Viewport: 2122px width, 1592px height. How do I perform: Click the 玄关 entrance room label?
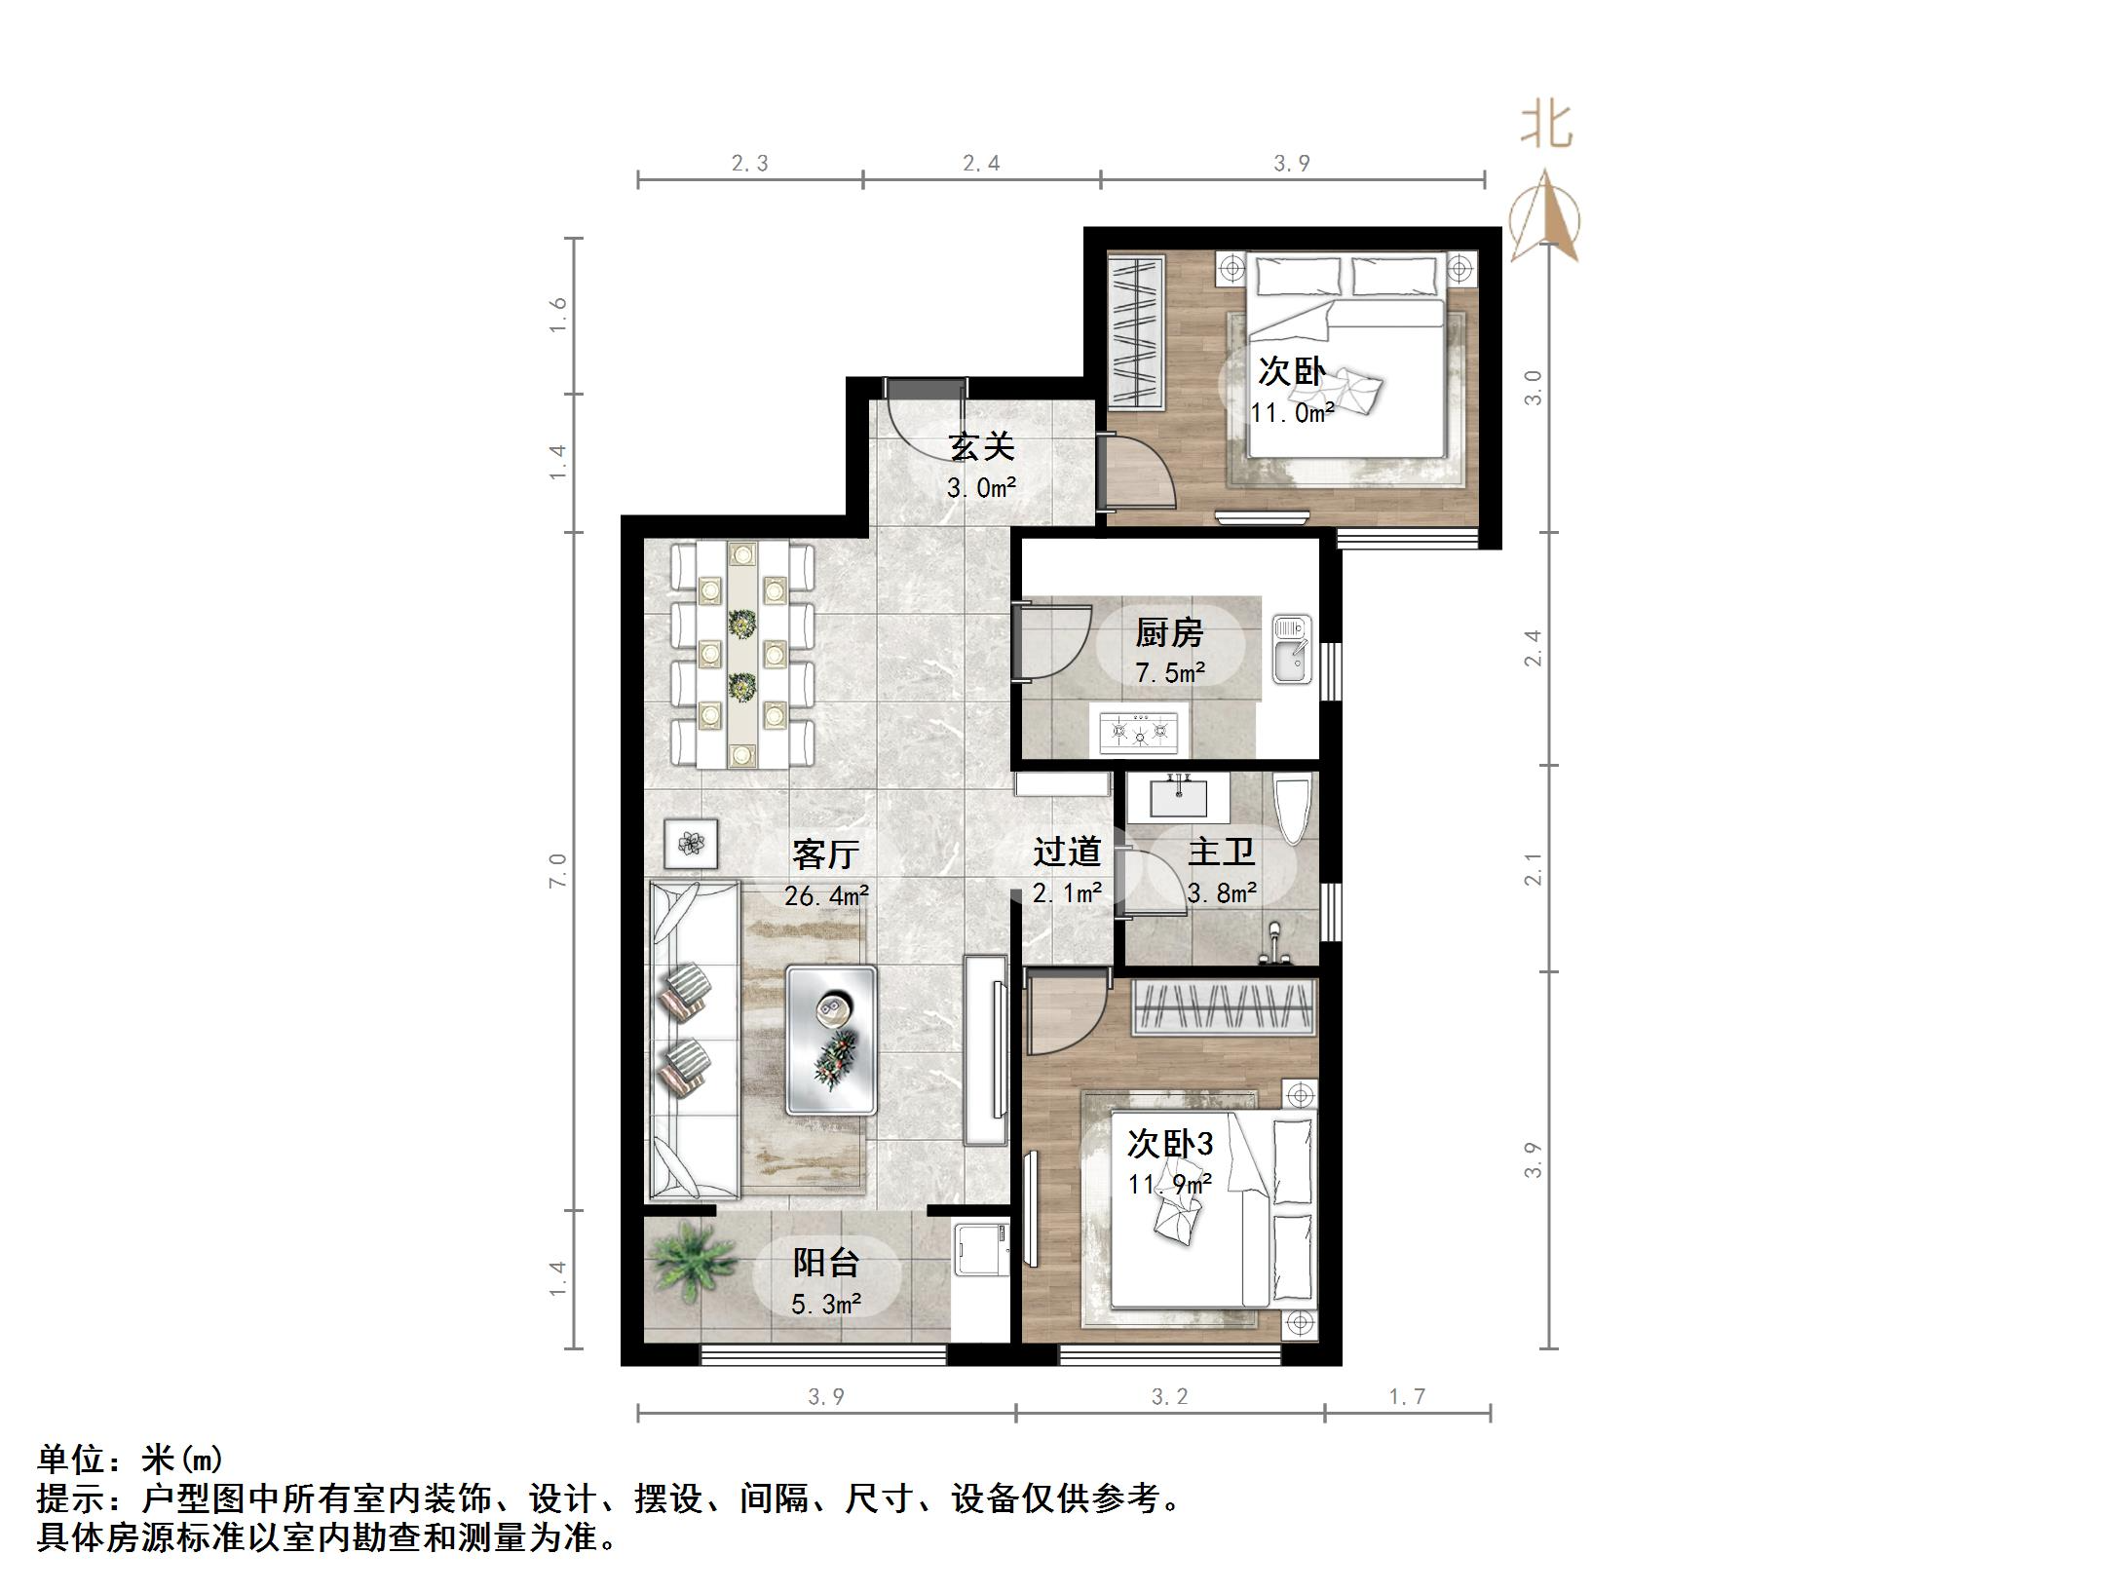981,447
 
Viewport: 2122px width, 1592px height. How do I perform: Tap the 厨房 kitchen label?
1169,633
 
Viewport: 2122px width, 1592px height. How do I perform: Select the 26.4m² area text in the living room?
826,895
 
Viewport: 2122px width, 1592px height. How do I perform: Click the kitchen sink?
1292,650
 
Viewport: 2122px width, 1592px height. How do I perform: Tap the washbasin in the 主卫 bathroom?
1179,797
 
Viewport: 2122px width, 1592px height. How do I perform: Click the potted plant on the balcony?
694,1261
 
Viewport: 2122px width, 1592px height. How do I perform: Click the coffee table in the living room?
831,1040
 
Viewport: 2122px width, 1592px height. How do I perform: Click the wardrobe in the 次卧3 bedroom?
1224,1007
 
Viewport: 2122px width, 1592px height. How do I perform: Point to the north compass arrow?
1545,218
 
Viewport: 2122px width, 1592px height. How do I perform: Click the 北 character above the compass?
1546,127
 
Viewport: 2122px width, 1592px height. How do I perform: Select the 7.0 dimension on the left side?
557,870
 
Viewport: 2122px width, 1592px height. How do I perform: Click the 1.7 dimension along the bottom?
1407,1397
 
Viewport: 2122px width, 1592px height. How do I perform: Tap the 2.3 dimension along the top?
749,164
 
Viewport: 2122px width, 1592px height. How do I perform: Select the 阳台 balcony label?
825,1263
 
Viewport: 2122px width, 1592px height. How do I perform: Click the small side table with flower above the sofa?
692,843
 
